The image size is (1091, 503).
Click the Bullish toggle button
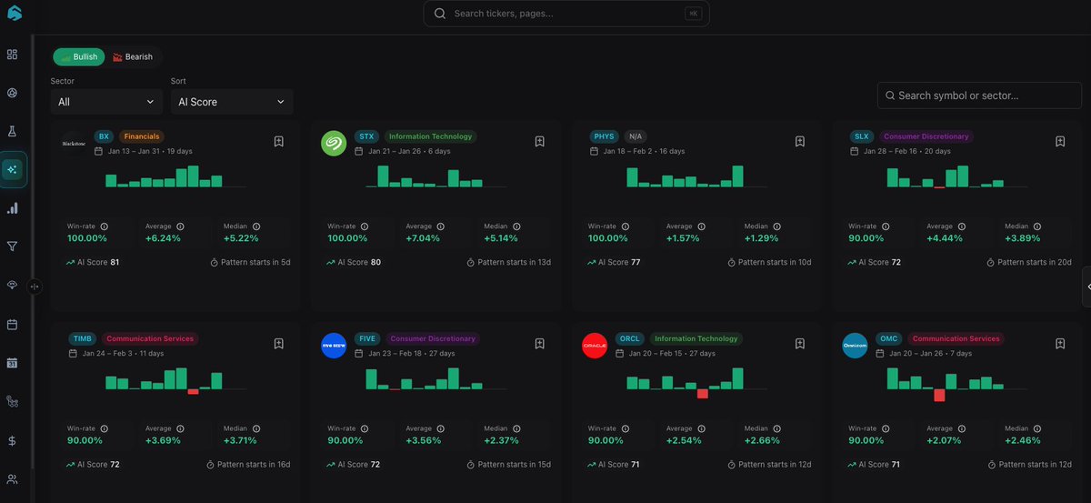click(x=78, y=56)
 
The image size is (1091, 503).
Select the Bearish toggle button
click(x=132, y=56)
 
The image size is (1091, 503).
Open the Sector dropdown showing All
click(x=106, y=102)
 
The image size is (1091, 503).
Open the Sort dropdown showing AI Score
click(x=231, y=102)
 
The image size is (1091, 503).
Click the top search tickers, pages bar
click(x=566, y=14)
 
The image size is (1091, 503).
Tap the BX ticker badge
click(x=104, y=136)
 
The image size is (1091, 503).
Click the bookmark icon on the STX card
click(x=539, y=141)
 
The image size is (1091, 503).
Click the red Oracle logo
click(x=595, y=346)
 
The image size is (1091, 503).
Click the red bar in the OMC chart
click(x=939, y=395)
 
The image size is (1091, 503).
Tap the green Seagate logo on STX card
click(x=334, y=144)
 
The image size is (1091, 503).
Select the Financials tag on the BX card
click(x=141, y=136)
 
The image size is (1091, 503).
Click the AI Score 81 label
click(x=94, y=262)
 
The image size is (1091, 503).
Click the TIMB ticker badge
click(x=82, y=338)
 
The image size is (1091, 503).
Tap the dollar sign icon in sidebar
click(x=12, y=440)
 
